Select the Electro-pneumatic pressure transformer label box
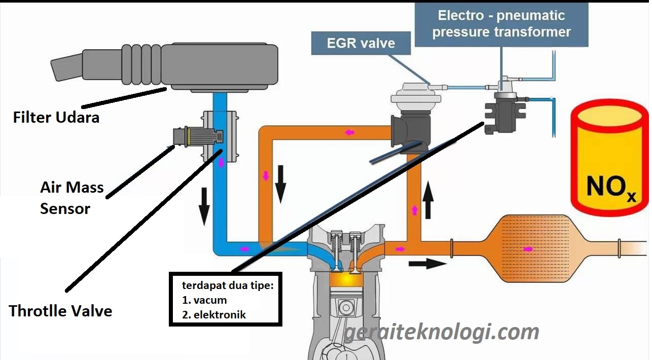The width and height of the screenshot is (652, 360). point(501,23)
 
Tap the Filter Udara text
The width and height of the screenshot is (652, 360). point(56,118)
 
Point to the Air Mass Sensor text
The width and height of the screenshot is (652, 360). point(71,198)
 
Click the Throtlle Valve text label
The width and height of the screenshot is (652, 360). point(60,310)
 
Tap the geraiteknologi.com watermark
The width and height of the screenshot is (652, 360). point(441,333)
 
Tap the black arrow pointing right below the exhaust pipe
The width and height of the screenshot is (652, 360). point(427,263)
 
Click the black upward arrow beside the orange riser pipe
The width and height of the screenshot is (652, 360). point(428,200)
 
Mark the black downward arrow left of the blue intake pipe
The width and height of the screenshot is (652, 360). point(204,205)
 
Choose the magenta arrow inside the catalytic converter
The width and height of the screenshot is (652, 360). point(528,249)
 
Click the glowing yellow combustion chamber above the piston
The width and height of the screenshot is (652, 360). point(343,278)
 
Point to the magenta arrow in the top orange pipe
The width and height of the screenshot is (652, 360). point(350,132)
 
